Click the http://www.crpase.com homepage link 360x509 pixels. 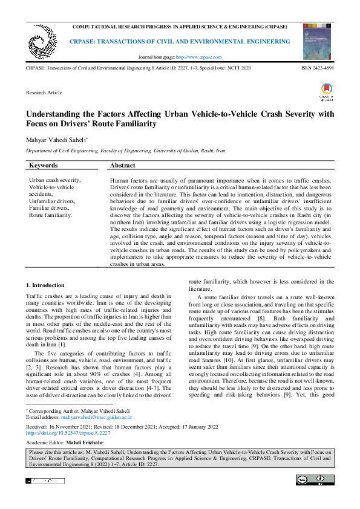click(x=198, y=57)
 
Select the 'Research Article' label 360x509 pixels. click(x=44, y=93)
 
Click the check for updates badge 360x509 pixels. click(x=326, y=92)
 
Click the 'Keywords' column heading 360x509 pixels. click(x=44, y=166)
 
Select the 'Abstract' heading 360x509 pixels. click(x=123, y=166)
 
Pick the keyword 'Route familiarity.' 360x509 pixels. click(x=51, y=215)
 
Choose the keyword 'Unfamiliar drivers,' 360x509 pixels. click(x=53, y=200)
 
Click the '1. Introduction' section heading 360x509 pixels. click(x=45, y=285)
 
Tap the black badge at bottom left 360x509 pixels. click(x=45, y=481)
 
